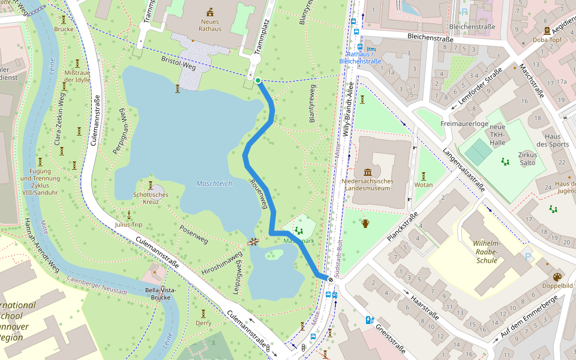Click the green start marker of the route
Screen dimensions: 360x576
pyautogui.click(x=257, y=80)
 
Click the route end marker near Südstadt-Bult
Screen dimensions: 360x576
pyautogui.click(x=330, y=279)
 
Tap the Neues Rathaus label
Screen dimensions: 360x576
pyautogui.click(x=210, y=25)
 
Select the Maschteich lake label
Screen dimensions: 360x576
pyautogui.click(x=214, y=183)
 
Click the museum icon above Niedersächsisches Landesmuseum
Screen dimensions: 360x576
pyautogui.click(x=367, y=173)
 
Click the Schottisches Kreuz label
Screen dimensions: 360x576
pyautogui.click(x=151, y=198)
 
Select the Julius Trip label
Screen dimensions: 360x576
pyautogui.click(x=128, y=225)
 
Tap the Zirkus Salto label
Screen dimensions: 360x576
pyautogui.click(x=527, y=158)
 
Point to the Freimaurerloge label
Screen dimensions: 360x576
pyautogui.click(x=464, y=124)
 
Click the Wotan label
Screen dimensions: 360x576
pyautogui.click(x=424, y=185)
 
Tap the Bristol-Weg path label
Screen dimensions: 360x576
pyautogui.click(x=178, y=64)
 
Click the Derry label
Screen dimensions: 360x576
pyautogui.click(x=203, y=323)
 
